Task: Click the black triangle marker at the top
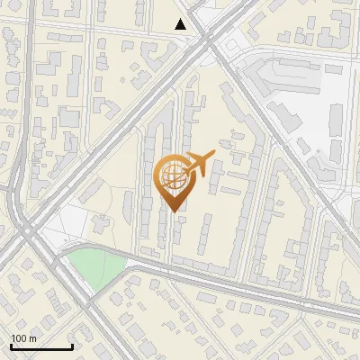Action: (181, 24)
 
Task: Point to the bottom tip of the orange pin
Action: (174, 211)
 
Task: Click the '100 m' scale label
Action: (23, 338)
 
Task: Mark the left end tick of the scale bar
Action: (11, 346)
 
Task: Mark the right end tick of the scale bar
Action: (72, 346)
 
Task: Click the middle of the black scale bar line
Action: (41, 347)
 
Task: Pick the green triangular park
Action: (94, 267)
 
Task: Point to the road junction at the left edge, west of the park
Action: (27, 238)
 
